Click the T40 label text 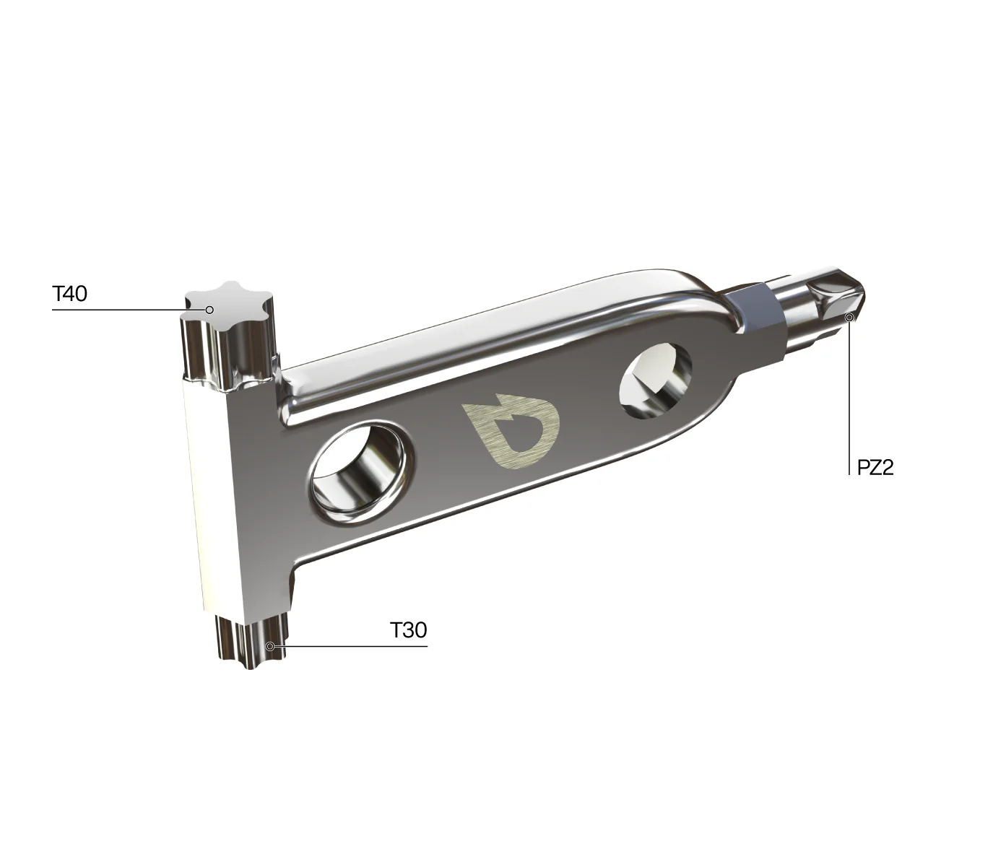coord(70,294)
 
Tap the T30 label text coord(408,630)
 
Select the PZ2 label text coord(875,468)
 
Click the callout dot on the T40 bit coord(209,310)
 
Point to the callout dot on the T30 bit coord(270,646)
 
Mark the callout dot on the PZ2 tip coord(849,318)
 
